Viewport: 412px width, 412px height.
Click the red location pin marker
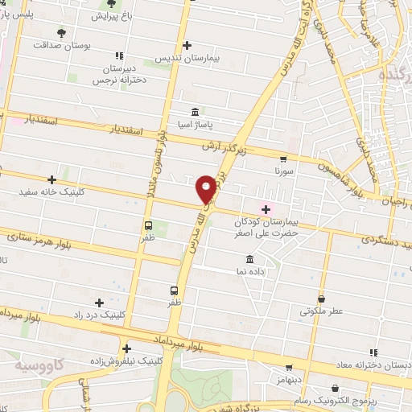coord(207,188)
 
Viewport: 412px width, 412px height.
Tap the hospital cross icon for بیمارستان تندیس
coord(187,45)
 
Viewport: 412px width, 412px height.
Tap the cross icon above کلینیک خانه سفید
coord(53,179)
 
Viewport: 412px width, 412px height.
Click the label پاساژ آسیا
coord(196,126)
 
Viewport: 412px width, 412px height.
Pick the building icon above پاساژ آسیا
coord(196,113)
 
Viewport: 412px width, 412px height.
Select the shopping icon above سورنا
coord(282,159)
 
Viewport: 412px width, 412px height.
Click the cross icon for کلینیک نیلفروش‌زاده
coord(126,348)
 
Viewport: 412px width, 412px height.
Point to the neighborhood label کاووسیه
coord(38,365)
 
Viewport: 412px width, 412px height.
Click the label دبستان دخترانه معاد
coord(374,366)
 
